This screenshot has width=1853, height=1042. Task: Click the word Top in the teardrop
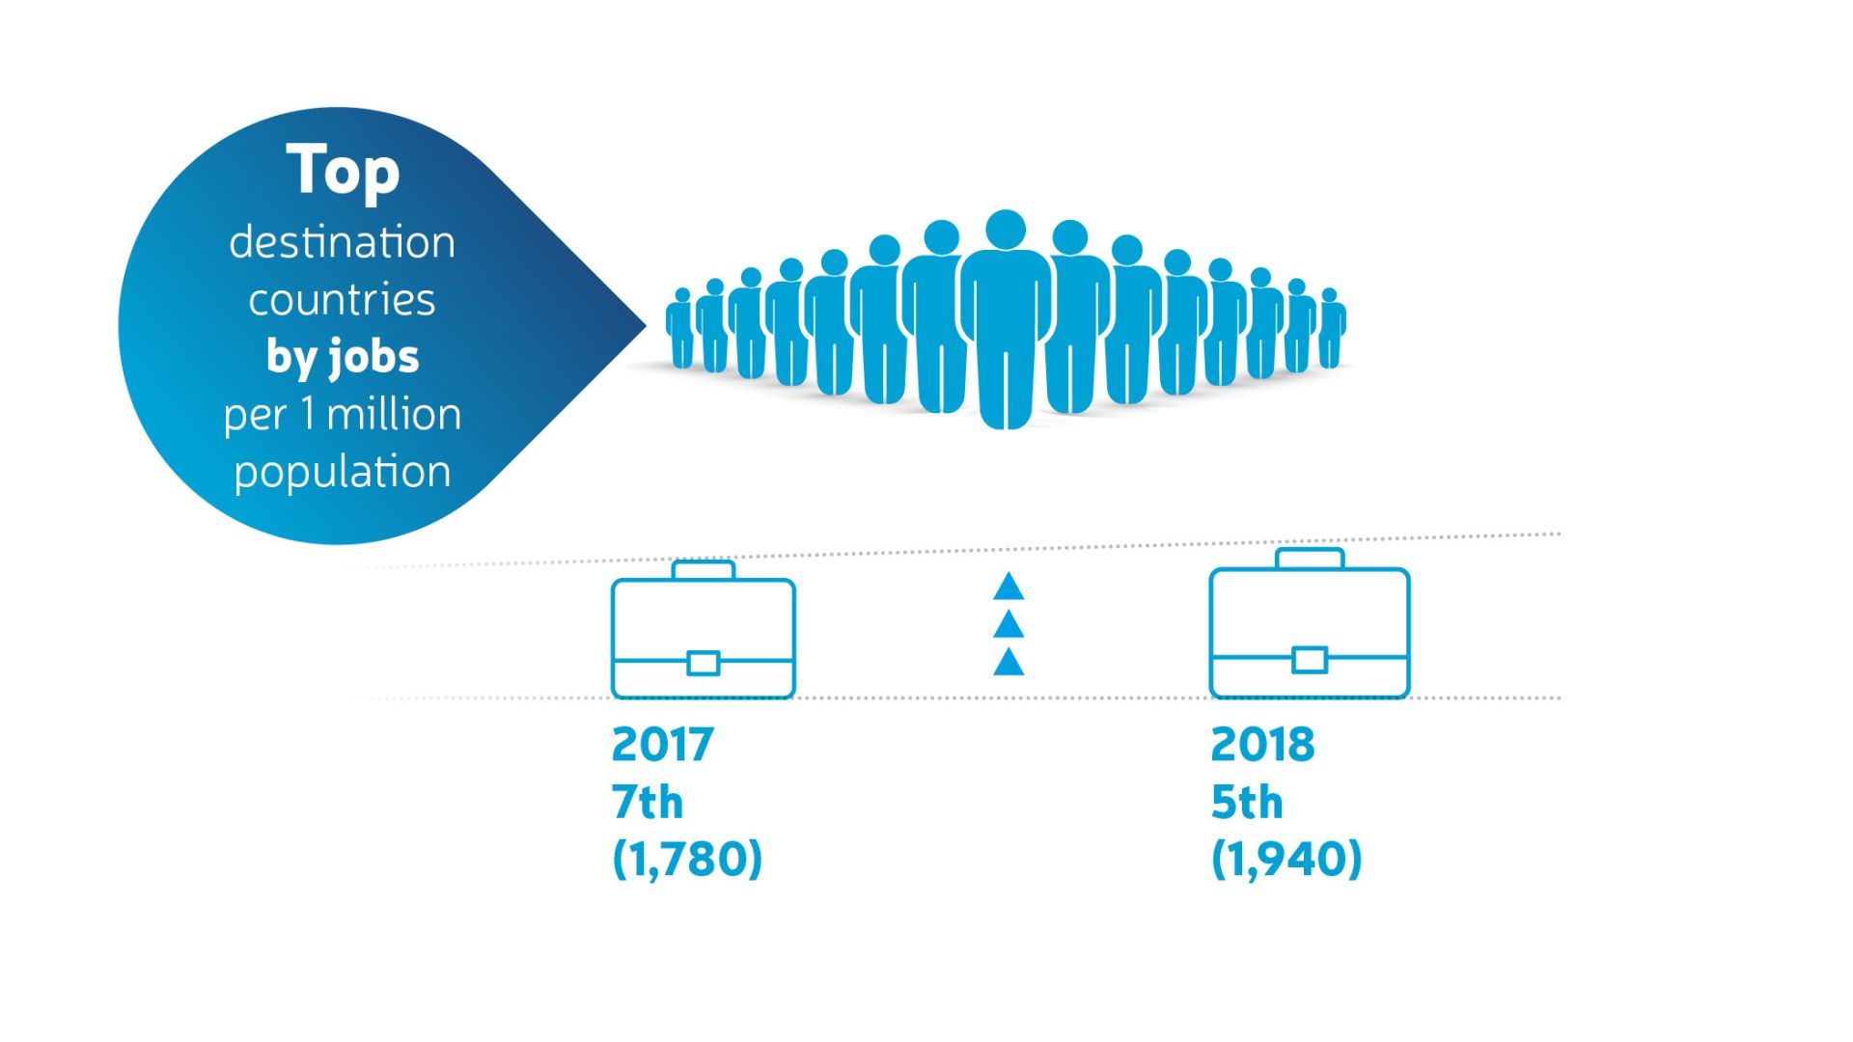pos(343,172)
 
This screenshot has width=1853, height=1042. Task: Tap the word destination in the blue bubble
pos(342,242)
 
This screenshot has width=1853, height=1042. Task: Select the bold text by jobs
pos(343,358)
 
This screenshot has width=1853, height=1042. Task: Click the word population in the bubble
pos(342,473)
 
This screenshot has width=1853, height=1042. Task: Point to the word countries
pos(342,300)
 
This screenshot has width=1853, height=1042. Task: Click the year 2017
pos(662,745)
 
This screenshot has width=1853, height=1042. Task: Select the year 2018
pos(1262,745)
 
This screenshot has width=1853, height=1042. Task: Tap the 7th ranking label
pos(648,802)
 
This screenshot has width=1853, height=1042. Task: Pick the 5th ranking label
pos(1247,802)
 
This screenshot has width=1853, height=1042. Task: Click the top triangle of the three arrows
pos(1009,587)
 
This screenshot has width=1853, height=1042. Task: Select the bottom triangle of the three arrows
pos(1009,662)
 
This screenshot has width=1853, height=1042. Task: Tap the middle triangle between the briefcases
pos(1009,624)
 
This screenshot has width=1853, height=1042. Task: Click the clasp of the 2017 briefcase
pos(704,663)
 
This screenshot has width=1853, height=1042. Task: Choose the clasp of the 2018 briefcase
pos(1310,660)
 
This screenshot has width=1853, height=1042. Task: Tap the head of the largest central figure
pos(1006,230)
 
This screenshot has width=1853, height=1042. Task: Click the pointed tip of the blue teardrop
pos(645,326)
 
